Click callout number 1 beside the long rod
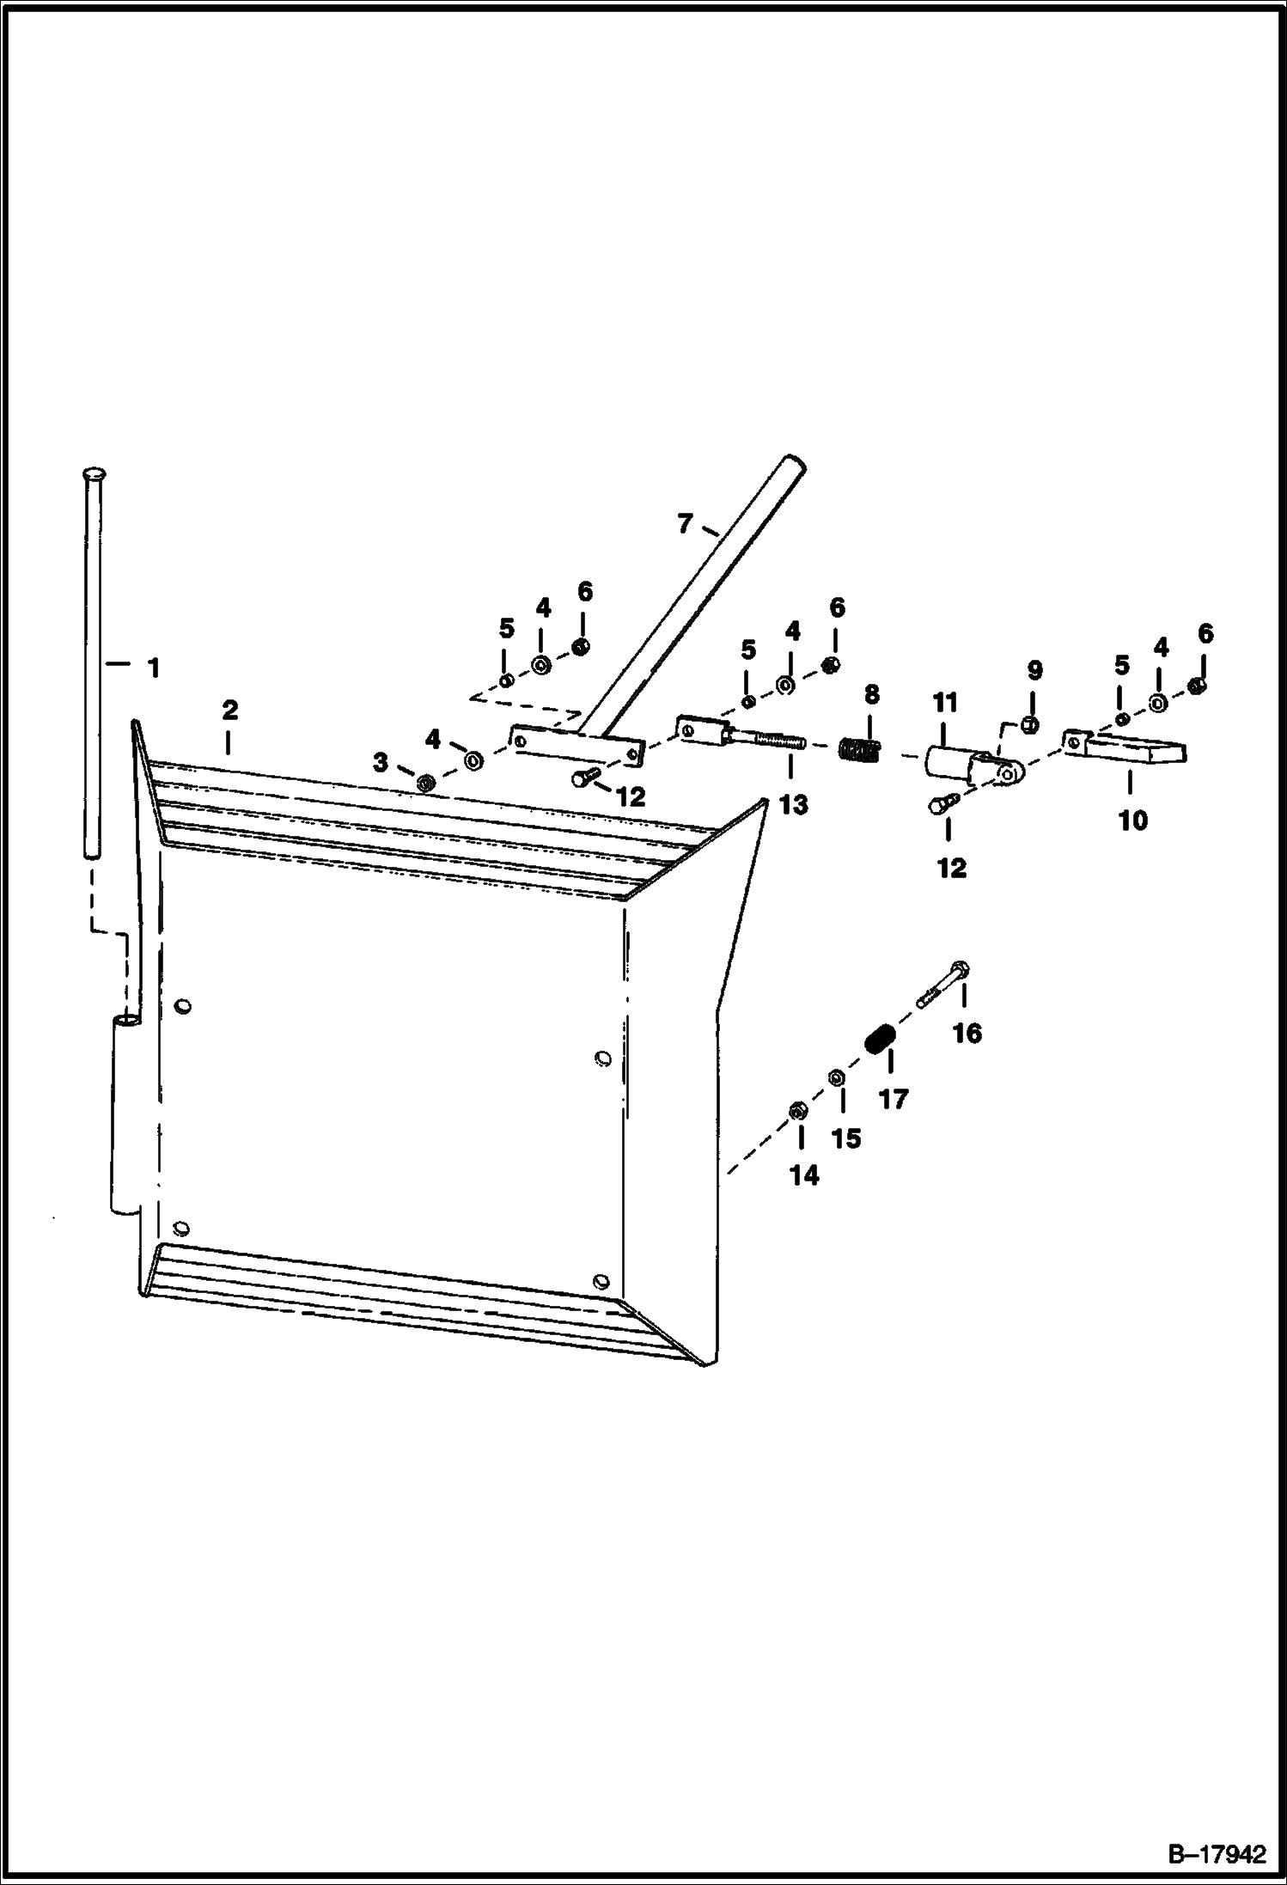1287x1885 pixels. point(155,668)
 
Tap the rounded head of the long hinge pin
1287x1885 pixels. point(92,475)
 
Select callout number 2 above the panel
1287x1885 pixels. point(229,711)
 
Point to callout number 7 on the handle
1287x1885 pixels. point(685,523)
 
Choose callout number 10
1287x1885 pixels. point(1133,820)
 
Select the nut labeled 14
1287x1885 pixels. point(796,1111)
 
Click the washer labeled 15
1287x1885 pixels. point(836,1077)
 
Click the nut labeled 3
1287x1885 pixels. point(424,784)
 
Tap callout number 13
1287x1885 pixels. point(794,804)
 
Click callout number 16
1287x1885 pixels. point(967,1032)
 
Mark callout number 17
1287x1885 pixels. point(894,1099)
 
